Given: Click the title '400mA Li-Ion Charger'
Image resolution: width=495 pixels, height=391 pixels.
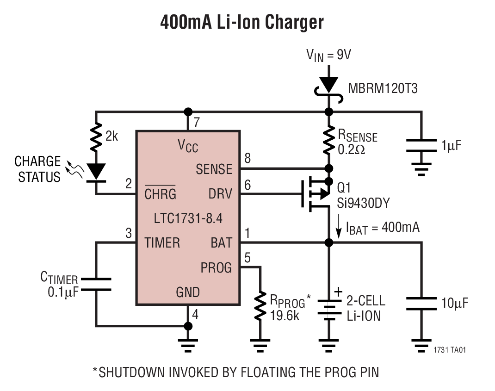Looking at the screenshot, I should tap(242, 22).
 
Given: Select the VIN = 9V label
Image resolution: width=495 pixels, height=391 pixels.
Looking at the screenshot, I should tap(328, 55).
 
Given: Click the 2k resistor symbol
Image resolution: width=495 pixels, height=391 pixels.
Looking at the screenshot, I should tap(96, 137).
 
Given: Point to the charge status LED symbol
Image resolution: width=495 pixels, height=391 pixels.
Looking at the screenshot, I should tap(96, 171).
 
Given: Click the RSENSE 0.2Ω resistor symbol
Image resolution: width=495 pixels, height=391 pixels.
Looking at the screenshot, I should tap(329, 140).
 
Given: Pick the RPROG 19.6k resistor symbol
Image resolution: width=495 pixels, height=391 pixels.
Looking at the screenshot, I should tap(260, 306).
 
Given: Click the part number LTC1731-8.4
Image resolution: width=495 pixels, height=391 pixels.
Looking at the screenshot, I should tap(187, 218).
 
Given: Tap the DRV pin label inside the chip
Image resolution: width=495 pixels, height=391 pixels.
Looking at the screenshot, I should tap(220, 194).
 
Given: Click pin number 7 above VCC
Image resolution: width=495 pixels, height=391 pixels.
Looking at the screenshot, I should tap(196, 123).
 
